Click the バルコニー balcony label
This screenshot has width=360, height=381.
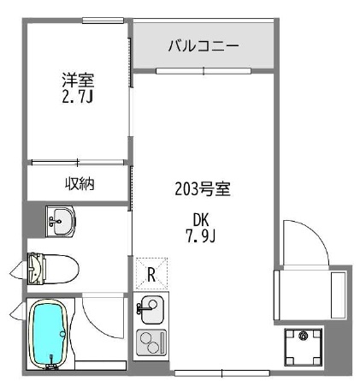pyautogui.click(x=203, y=45)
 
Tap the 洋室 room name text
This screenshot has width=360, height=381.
pyautogui.click(x=77, y=80)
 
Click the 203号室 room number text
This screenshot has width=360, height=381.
pyautogui.click(x=203, y=188)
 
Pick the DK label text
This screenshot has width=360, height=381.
pyautogui.click(x=202, y=217)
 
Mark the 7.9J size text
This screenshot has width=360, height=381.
pyautogui.click(x=202, y=234)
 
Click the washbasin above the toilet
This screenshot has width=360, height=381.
pyautogui.click(x=59, y=222)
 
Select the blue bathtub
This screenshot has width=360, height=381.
pyautogui.click(x=49, y=336)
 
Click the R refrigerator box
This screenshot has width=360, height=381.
pyautogui.click(x=150, y=275)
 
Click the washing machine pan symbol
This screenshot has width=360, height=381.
pyautogui.click(x=303, y=346)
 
